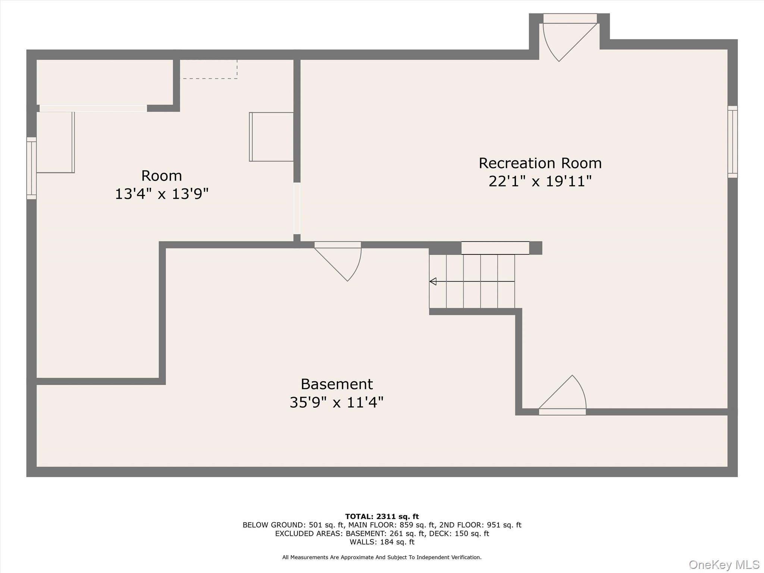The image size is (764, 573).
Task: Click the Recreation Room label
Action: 540,163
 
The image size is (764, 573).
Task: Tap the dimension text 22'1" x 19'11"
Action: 540,182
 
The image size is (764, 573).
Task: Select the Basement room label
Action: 336,384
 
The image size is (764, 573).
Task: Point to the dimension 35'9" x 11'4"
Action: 336,403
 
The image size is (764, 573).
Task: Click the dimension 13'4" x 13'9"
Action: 161,194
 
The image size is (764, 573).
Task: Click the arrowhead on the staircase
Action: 433,281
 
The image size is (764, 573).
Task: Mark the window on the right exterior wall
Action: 732,142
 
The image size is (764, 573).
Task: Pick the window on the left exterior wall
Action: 31,168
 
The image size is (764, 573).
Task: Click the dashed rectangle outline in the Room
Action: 209,69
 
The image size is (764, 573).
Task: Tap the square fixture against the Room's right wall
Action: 272,137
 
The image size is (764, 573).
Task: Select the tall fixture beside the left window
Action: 56,142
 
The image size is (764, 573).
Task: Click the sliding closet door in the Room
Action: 93,108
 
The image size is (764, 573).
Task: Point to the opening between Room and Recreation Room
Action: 297,208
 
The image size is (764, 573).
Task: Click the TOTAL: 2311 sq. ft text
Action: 382,516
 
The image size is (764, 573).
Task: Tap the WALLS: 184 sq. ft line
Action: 382,542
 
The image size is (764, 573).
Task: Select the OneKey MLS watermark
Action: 724,565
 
